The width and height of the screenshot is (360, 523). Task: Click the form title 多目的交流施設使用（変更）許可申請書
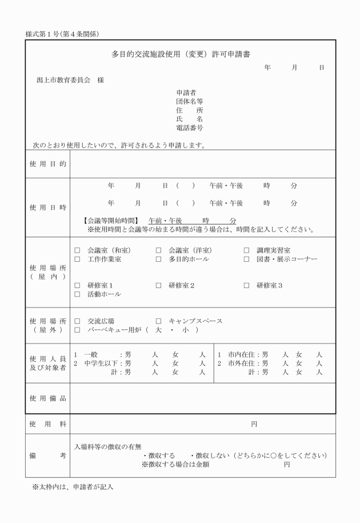point(181,55)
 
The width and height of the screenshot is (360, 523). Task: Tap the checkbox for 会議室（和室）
point(78,250)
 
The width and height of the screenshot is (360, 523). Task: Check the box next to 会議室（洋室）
point(158,250)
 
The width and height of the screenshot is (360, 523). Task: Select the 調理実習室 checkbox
point(246,250)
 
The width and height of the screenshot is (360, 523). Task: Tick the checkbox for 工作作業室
point(78,259)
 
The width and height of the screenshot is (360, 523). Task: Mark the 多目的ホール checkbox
point(158,259)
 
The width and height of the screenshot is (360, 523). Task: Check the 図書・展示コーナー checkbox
point(246,259)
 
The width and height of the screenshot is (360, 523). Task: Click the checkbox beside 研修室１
point(78,285)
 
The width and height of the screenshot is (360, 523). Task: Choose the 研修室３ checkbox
point(246,285)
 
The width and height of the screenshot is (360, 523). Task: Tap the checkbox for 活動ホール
point(78,294)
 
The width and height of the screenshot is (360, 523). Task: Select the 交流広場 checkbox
point(78,321)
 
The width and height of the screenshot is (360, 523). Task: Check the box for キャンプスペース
point(158,321)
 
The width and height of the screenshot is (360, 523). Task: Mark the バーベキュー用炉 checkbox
point(78,330)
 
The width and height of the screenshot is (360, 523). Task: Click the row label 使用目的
point(47,164)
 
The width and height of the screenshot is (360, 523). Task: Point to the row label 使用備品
point(47,398)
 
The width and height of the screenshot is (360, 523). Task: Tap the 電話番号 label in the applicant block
point(190,128)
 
